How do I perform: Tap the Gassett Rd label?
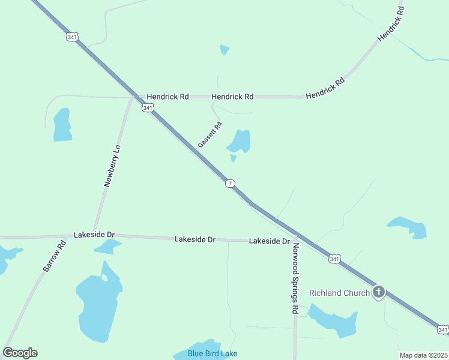click(x=210, y=135)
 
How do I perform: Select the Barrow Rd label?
click(x=54, y=256)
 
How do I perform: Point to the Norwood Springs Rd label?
click(x=295, y=279)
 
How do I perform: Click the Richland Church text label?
click(x=339, y=293)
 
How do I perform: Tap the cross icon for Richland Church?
click(x=378, y=292)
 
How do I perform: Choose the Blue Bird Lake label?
click(x=212, y=353)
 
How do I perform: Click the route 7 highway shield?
click(x=230, y=183)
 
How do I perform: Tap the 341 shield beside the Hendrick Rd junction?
click(x=148, y=107)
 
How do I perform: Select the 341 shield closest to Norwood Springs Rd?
click(x=334, y=259)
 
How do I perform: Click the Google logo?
click(x=20, y=353)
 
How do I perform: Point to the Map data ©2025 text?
click(x=423, y=355)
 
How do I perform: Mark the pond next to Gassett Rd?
click(x=240, y=142)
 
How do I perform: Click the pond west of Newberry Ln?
click(x=62, y=125)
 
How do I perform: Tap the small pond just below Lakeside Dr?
click(x=107, y=246)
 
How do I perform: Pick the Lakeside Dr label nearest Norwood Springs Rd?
click(x=270, y=241)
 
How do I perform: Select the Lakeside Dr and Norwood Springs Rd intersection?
click(x=295, y=240)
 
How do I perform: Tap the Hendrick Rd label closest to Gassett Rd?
click(x=232, y=96)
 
